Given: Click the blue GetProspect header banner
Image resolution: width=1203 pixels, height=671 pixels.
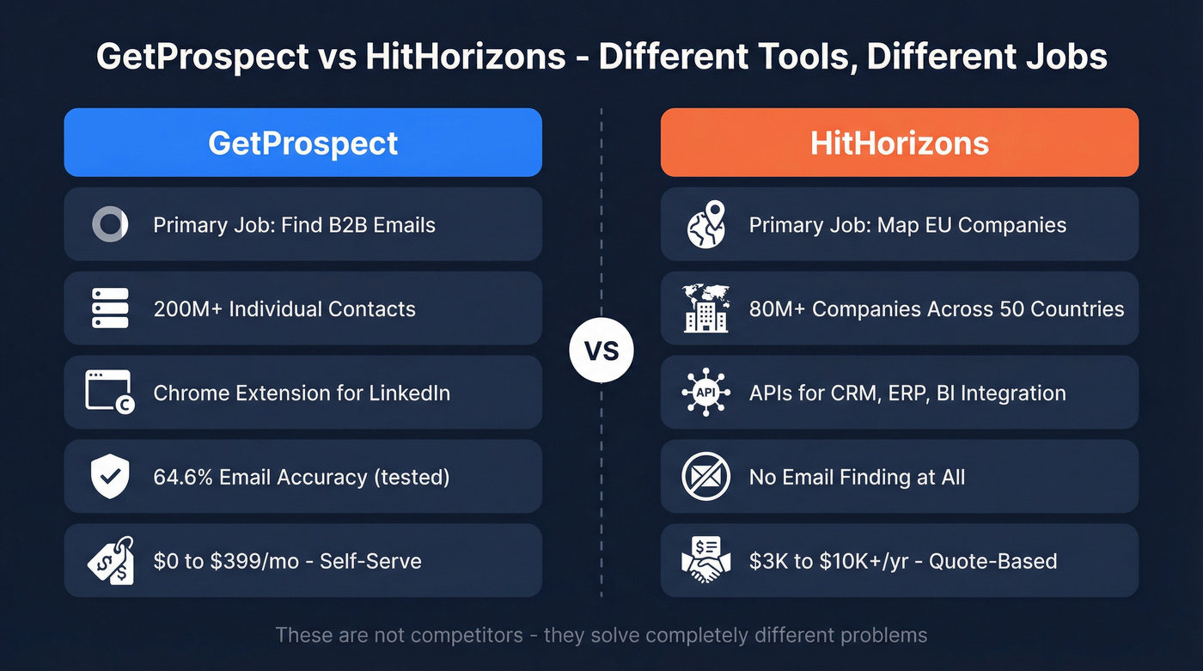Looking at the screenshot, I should (302, 143).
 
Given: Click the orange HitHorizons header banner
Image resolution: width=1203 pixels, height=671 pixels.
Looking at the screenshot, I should (899, 143).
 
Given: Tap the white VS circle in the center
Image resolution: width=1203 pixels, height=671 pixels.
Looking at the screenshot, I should (601, 351).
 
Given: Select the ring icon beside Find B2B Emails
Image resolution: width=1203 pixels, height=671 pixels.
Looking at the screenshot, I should (110, 225).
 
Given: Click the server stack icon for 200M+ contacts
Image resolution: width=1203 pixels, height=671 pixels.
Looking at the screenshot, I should (110, 308).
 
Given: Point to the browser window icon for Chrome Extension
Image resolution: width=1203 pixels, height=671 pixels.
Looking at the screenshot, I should (109, 392).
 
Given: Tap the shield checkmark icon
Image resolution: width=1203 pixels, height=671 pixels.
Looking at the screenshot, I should (110, 477).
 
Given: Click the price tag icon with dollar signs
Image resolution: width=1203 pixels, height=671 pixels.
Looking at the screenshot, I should (110, 560).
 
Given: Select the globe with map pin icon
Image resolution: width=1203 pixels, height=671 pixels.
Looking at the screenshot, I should (705, 225).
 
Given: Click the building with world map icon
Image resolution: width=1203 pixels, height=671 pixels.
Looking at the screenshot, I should (705, 308).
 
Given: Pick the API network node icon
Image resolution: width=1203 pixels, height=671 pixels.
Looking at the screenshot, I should (705, 393).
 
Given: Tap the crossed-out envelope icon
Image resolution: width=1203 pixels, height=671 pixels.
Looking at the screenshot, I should (705, 477).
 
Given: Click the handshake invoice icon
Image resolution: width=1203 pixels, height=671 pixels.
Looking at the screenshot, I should (705, 560).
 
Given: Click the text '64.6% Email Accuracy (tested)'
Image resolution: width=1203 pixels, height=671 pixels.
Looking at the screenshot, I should (301, 477).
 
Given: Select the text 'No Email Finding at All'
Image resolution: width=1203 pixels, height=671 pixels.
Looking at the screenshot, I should (857, 477).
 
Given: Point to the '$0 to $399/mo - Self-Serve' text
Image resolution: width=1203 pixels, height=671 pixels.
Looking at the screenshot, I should (287, 561).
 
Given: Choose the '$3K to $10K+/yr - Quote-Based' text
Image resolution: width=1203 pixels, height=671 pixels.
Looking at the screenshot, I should (902, 561).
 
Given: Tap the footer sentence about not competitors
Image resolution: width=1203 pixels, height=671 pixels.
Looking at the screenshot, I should (601, 636).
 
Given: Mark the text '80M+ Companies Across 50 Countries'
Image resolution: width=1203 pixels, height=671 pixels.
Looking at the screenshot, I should (936, 308).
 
